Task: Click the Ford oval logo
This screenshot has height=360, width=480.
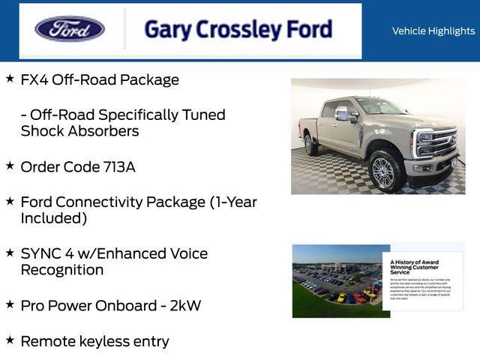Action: [x=70, y=29]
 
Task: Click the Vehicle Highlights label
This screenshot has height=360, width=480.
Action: [x=433, y=31]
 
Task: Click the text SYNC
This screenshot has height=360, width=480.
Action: [x=40, y=253]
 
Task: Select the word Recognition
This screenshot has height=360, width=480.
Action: [x=62, y=270]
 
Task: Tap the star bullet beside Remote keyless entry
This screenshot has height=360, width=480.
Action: [x=10, y=340]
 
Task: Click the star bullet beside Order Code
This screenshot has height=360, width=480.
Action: [x=10, y=165]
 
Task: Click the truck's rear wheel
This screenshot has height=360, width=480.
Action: [x=310, y=145]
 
